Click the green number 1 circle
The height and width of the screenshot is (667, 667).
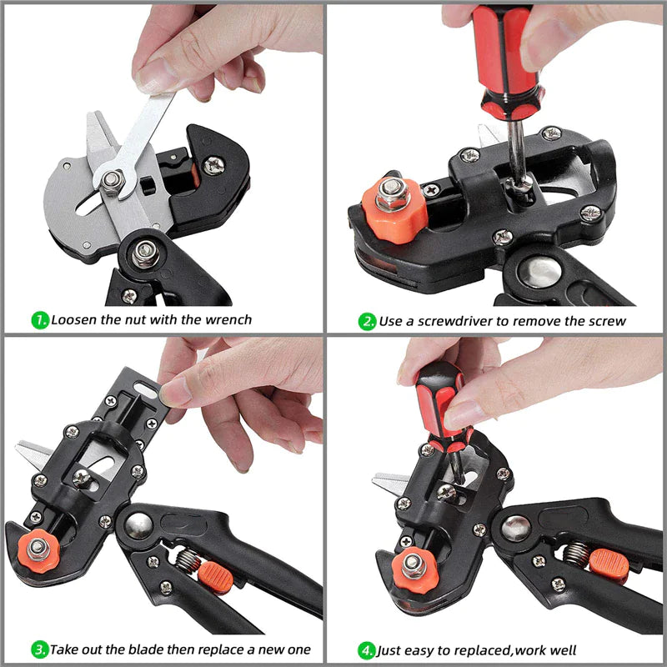click(39, 318)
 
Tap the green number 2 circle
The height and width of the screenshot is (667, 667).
click(368, 321)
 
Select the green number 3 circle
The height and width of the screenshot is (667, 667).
click(39, 649)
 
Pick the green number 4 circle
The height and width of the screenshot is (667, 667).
click(367, 649)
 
